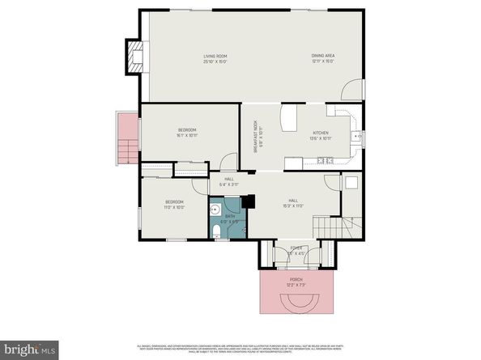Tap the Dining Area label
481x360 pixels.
[x=323, y=58]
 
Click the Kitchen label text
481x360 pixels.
[x=321, y=135]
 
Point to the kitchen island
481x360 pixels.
[x=290, y=121]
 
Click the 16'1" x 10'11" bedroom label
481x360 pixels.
[x=187, y=133]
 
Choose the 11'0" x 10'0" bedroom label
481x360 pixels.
[x=175, y=204]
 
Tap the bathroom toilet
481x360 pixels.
[x=218, y=233]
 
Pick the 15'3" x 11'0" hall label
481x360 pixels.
[x=292, y=204]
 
